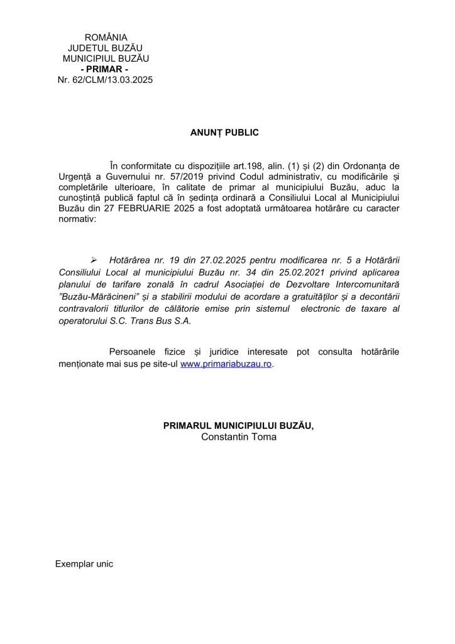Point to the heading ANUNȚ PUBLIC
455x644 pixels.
point(224,133)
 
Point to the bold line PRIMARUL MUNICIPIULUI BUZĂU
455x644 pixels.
point(238,426)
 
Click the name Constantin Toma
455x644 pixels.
point(239,436)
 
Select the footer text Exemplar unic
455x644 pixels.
point(84,563)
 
